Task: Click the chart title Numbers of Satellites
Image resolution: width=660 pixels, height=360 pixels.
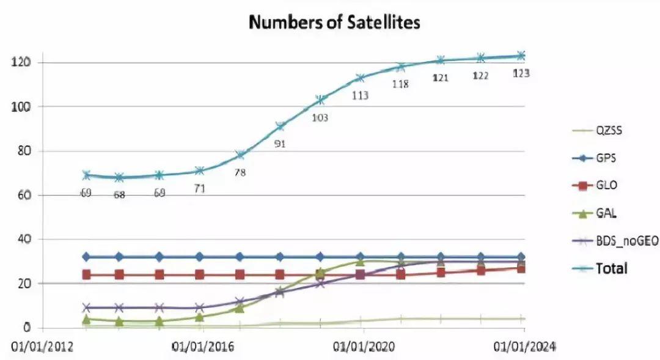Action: (335, 23)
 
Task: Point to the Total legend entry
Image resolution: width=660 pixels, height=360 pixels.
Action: (611, 268)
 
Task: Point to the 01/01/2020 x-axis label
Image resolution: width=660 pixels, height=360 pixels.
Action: (364, 347)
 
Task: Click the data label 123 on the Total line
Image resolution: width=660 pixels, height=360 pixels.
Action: (521, 73)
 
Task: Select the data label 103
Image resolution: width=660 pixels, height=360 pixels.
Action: (320, 117)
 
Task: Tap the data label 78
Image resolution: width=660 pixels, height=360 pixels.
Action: (240, 172)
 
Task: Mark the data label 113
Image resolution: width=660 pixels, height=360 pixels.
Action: (360, 95)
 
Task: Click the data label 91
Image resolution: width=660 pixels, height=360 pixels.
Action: (280, 144)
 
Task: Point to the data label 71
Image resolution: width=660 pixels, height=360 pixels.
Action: (199, 189)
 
